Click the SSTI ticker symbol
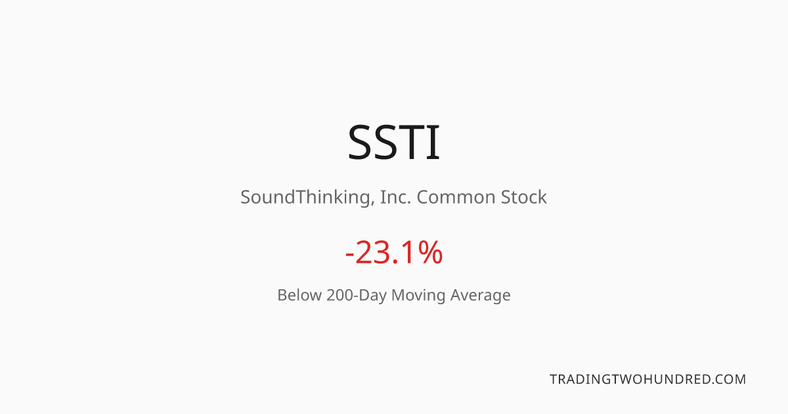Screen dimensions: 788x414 click(393, 142)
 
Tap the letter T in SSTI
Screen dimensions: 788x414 click(407, 142)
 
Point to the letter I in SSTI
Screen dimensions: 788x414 click(433, 142)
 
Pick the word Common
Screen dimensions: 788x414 click(456, 197)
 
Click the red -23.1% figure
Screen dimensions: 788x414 click(393, 252)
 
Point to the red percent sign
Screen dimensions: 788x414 click(429, 252)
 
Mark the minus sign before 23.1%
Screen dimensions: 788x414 click(349, 254)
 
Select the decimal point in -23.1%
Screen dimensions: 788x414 click(395, 262)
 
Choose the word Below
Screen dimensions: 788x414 click(299, 295)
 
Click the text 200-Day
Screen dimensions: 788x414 click(357, 296)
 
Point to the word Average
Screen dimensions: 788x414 click(480, 296)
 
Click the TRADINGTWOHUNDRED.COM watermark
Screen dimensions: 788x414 click(647, 380)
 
